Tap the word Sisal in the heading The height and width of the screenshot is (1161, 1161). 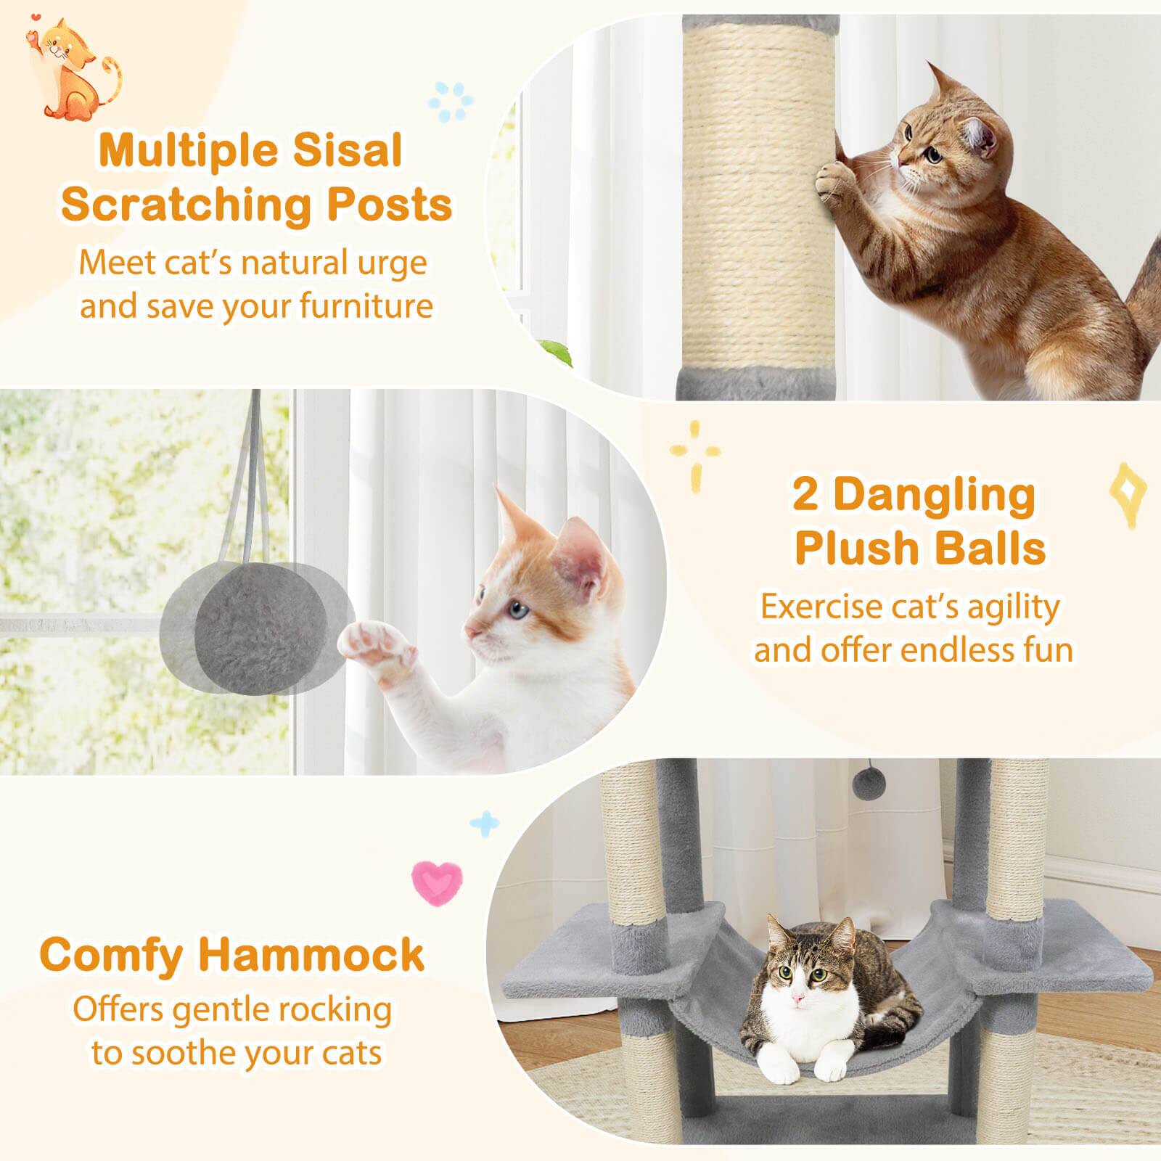pyautogui.click(x=345, y=151)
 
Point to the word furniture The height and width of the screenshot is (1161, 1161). pyautogui.click(x=366, y=305)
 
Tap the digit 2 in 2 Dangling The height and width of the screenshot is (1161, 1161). pyautogui.click(x=805, y=496)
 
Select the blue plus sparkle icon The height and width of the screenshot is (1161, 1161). pyautogui.click(x=484, y=823)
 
